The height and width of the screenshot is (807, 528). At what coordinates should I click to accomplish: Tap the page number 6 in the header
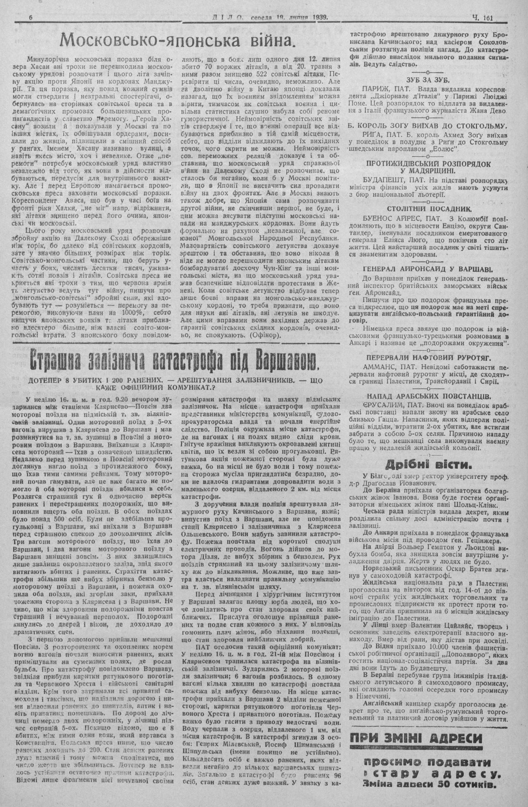click(31, 17)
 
